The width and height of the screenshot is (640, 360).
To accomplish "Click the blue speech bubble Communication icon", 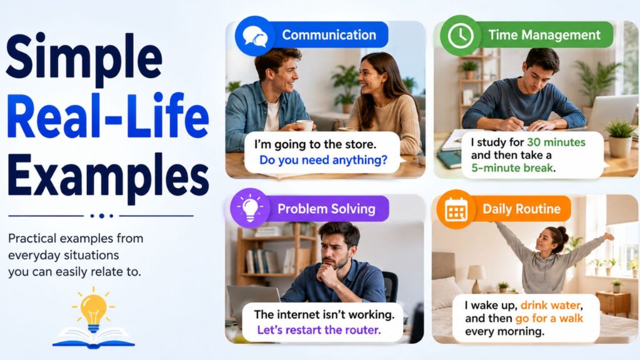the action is [255, 36].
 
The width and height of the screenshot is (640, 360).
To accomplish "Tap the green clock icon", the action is [460, 36].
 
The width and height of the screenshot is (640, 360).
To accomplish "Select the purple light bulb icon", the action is [250, 208].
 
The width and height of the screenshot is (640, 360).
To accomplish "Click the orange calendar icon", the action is [456, 209].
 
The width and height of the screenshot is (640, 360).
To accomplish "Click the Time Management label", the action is [544, 35].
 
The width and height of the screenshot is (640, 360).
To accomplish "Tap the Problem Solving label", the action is [326, 209].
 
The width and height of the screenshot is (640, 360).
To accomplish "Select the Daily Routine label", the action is [522, 209].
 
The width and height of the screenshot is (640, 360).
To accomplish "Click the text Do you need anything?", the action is [323, 160].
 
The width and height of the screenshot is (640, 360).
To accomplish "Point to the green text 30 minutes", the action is [556, 142].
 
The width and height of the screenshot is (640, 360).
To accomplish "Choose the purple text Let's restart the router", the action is [319, 330].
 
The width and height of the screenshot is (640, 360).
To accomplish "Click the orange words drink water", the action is [550, 305].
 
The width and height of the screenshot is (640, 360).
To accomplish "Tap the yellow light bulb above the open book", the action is [94, 309].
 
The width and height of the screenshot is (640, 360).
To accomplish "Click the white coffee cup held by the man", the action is [304, 125].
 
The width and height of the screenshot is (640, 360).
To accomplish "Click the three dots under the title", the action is [101, 216].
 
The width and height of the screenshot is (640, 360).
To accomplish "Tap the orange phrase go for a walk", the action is [549, 318].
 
